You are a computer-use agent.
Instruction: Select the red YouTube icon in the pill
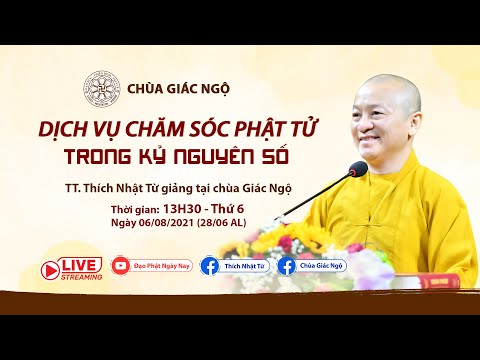point(122,266)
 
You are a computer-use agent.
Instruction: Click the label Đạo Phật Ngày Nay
point(160,266)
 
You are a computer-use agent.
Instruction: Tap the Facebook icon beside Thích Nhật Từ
point(210,266)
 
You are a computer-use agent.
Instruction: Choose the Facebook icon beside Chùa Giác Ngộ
point(288,266)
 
